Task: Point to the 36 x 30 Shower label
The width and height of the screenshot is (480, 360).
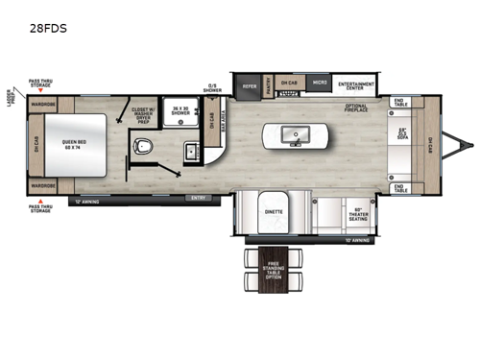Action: pyautogui.click(x=177, y=111)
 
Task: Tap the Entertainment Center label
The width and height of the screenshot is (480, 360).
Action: pyautogui.click(x=356, y=84)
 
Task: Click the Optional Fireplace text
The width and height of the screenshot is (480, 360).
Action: pyautogui.click(x=357, y=108)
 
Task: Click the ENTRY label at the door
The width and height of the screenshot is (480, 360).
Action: pyautogui.click(x=200, y=200)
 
